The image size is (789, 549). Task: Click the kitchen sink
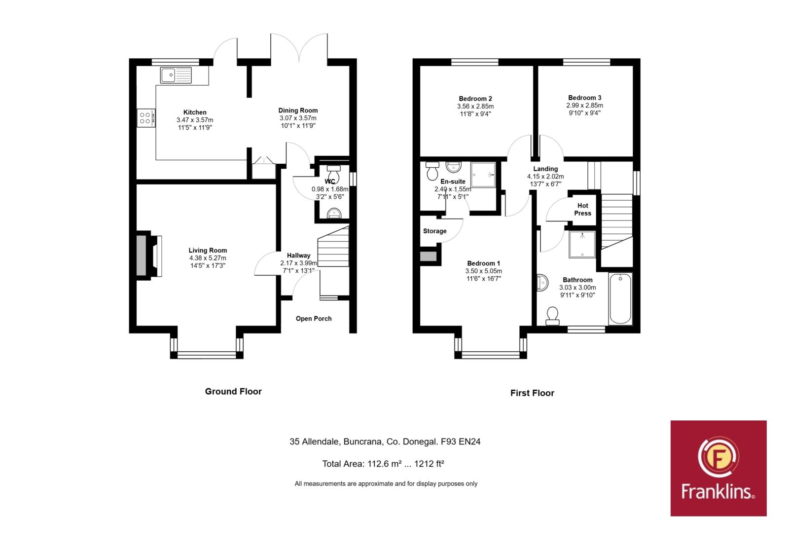pos(176,75)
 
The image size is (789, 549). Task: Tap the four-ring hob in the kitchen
pos(146,118)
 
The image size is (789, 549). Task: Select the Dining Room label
pos(298,110)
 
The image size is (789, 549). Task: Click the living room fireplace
pos(148,256)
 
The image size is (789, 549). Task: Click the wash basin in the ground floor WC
pos(334,213)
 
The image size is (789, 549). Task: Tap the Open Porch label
pos(314,319)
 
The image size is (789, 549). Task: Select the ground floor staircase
pos(333,247)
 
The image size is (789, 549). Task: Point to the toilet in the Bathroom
pos(552,316)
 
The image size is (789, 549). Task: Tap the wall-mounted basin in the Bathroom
pos(542,283)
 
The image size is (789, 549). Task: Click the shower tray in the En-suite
pos(483,175)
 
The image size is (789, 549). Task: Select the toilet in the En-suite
pos(432,171)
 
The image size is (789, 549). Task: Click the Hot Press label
pos(582,209)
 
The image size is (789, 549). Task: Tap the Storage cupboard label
pos(434,231)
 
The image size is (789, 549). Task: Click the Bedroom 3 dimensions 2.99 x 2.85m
pos(585,106)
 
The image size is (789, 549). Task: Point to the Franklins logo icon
pos(718,457)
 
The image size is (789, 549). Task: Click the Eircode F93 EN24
pos(461,441)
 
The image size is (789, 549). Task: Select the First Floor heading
pos(532,393)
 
